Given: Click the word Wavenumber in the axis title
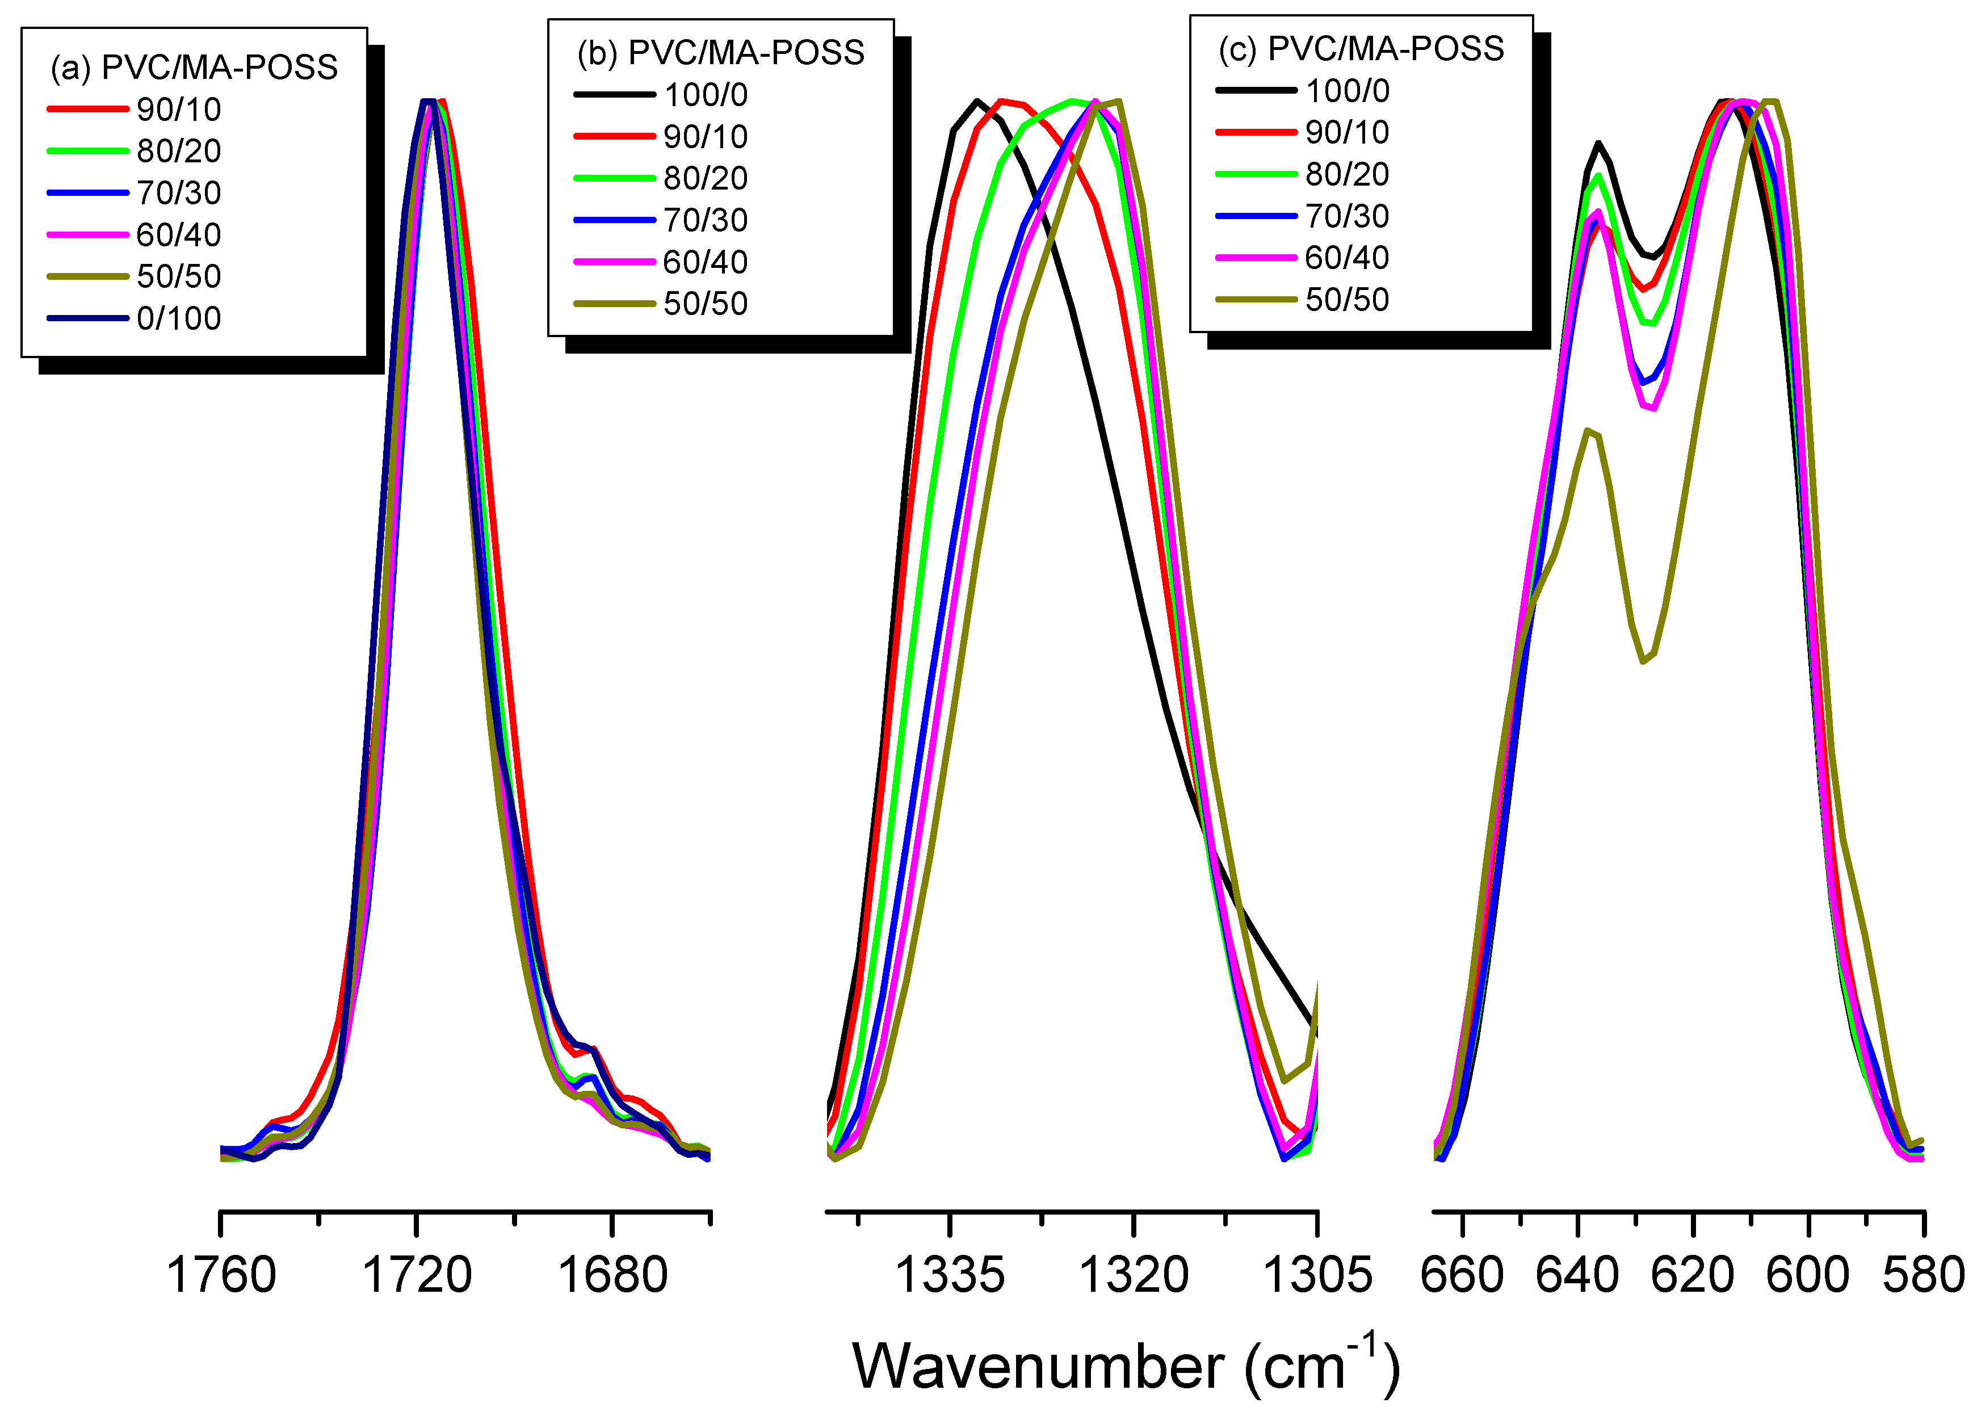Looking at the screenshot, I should [x=1038, y=1366].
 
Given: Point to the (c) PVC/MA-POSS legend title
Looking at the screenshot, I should [x=1361, y=49].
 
